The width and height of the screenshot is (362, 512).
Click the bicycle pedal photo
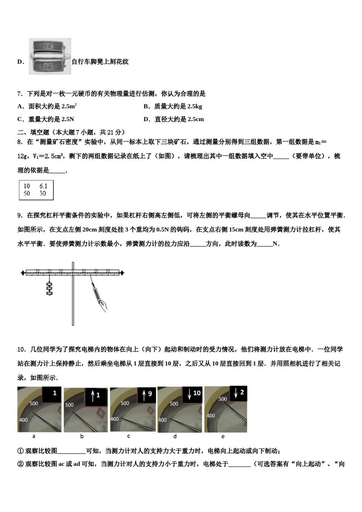(x=50, y=56)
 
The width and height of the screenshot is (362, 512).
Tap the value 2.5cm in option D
(x=195, y=119)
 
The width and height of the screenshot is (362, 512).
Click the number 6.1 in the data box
(x=43, y=186)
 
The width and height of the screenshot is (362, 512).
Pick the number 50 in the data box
(x=27, y=194)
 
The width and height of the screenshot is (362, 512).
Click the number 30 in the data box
(x=42, y=194)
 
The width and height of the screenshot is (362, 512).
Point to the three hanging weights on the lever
(x=49, y=288)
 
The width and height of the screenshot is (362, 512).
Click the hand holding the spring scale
(x=103, y=303)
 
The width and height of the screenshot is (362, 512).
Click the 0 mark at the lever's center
(x=73, y=270)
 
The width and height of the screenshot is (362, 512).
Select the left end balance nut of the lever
(x=23, y=273)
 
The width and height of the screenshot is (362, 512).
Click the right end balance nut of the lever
(x=122, y=273)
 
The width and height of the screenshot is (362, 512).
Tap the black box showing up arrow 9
(x=147, y=395)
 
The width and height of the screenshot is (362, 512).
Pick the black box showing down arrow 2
(x=238, y=393)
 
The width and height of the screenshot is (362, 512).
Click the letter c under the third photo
(x=129, y=436)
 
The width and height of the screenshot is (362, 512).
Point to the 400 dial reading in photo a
(x=24, y=420)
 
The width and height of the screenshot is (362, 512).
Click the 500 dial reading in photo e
(x=223, y=399)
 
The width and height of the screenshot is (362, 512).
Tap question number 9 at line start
(x=20, y=216)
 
